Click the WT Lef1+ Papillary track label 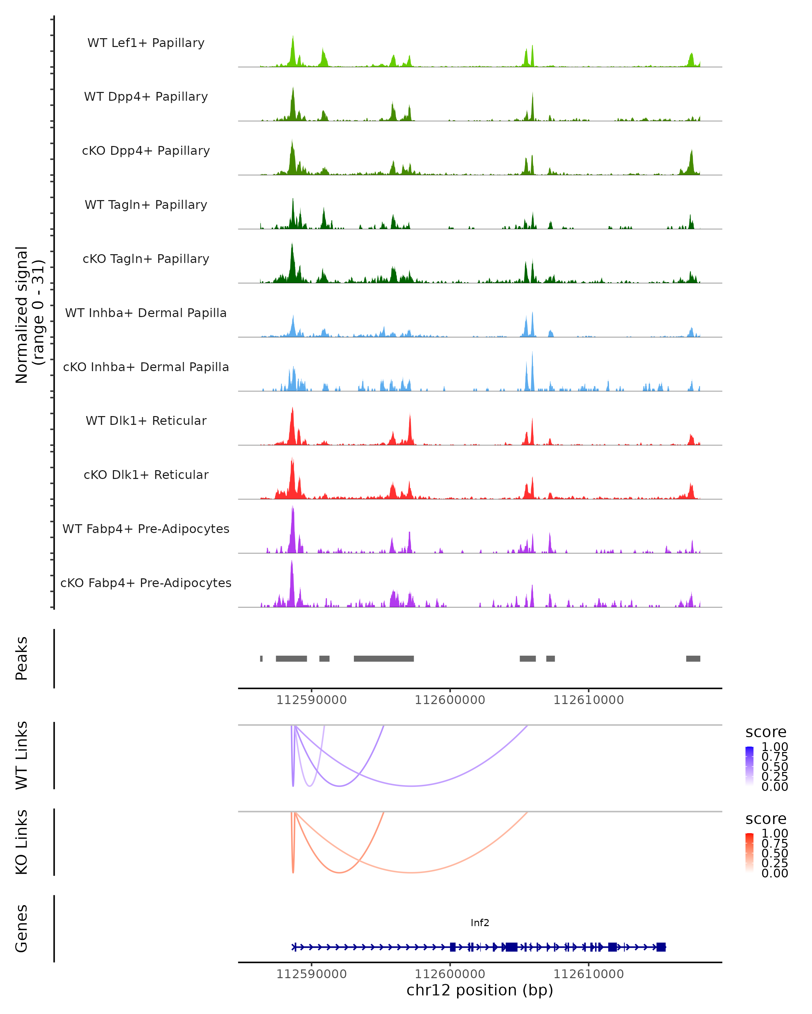click(x=146, y=43)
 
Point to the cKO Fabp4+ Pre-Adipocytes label click(x=146, y=583)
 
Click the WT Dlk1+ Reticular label click(x=146, y=420)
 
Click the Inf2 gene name click(x=480, y=923)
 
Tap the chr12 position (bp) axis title click(x=480, y=990)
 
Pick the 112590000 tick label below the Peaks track click(x=311, y=700)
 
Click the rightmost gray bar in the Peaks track click(x=693, y=658)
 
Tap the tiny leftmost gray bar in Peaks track click(x=261, y=658)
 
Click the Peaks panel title click(x=22, y=658)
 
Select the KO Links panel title click(x=22, y=842)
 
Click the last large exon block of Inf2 click(x=661, y=947)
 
